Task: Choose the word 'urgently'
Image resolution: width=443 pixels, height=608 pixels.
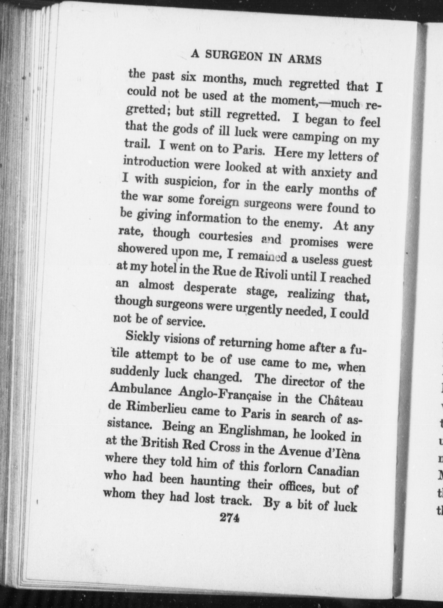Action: pyautogui.click(x=257, y=310)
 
